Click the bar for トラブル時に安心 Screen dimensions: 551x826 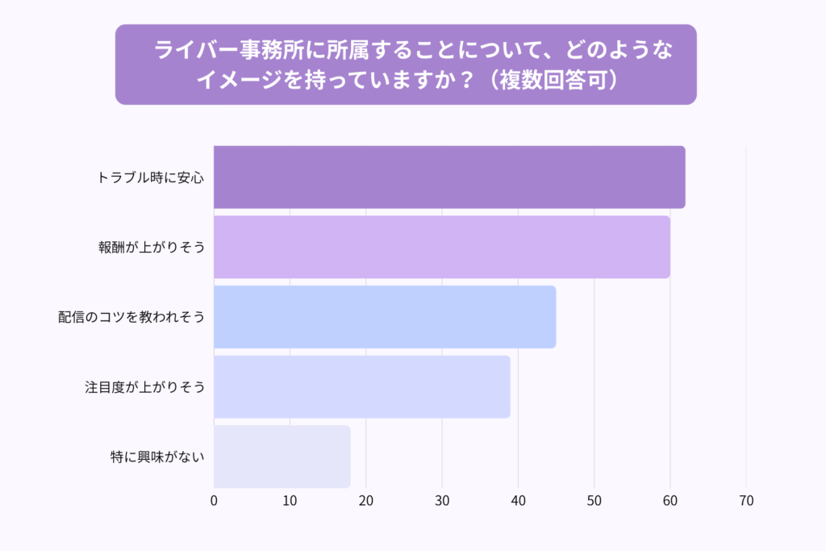pos(449,177)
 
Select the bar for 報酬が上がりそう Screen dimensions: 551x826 pos(441,247)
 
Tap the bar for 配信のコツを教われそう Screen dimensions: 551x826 pos(385,316)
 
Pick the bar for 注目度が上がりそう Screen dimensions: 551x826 pos(362,386)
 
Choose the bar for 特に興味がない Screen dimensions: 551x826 pos(282,457)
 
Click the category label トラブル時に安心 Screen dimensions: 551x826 pos(150,177)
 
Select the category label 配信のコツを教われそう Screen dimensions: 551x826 pos(131,316)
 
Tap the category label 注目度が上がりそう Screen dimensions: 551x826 pos(144,386)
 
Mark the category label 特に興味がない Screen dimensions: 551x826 pos(157,457)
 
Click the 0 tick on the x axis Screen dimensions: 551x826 pos(214,501)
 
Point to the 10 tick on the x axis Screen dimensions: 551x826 pos(290,501)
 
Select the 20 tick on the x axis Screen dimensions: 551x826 pos(366,501)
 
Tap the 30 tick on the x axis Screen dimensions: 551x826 pos(442,501)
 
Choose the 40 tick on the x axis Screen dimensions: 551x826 pos(518,501)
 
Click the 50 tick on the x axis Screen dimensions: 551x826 pos(594,501)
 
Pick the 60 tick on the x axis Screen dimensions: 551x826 pos(670,501)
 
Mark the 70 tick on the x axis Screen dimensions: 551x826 pos(746,501)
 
